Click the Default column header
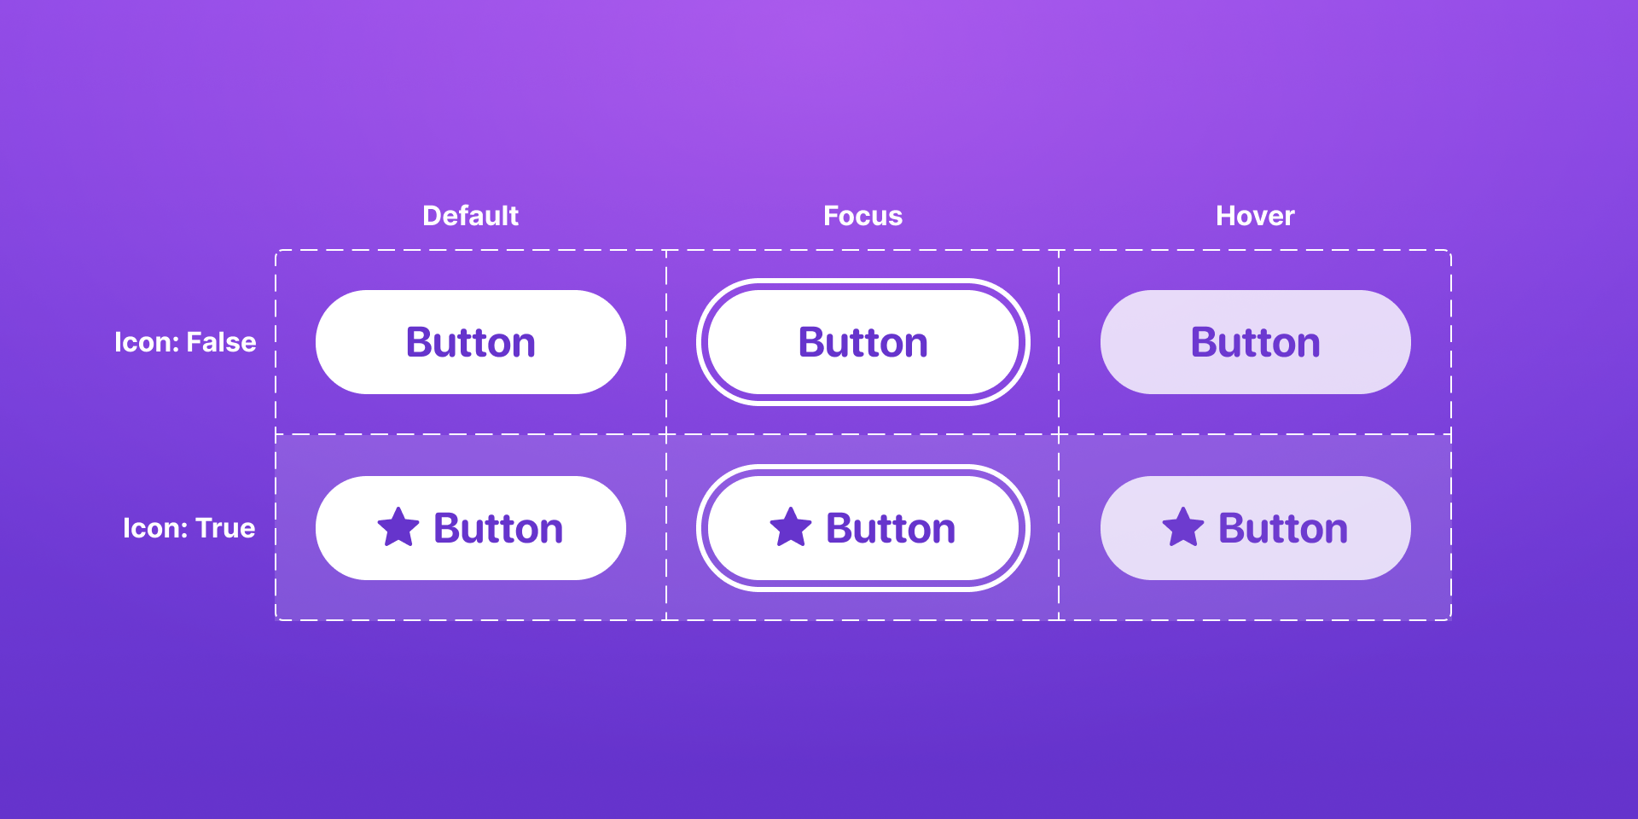point(470,216)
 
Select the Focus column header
point(863,216)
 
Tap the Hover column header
point(1255,216)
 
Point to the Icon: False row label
point(185,342)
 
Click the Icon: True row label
point(189,528)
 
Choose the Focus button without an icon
point(863,342)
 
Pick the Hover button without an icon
point(1255,342)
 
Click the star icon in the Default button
point(398,527)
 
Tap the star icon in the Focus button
point(791,527)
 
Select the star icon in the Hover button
point(1183,527)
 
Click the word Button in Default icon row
point(498,528)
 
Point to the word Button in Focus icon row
point(891,528)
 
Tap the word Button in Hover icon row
point(1283,528)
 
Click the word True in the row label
point(225,528)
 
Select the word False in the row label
point(221,342)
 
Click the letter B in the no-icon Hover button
point(1205,342)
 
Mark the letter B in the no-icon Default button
point(421,342)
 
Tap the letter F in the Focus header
point(832,216)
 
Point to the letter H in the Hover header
point(1226,216)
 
